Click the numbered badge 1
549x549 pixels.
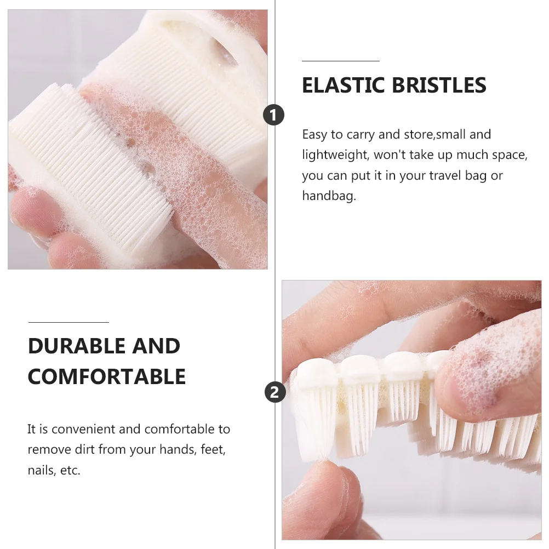(x=274, y=115)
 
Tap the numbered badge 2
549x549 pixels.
(x=275, y=392)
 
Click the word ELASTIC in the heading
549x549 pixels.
(x=344, y=85)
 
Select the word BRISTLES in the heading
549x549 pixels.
(x=440, y=85)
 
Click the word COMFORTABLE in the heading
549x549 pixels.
(x=107, y=377)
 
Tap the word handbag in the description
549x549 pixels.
(x=328, y=196)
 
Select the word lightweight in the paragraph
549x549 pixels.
(x=335, y=155)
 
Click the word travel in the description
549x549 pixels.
(x=444, y=176)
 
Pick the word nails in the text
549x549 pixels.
(x=41, y=471)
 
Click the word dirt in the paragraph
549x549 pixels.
(x=84, y=450)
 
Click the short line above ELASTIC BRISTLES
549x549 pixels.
(x=340, y=61)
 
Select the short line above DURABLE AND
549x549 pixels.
(x=68, y=323)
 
